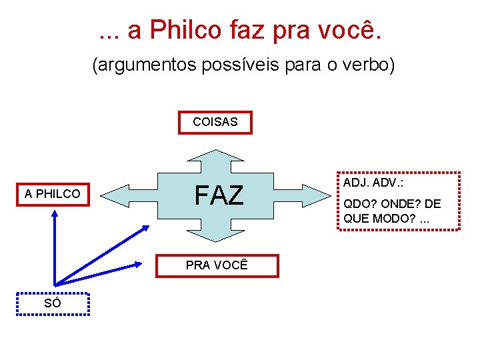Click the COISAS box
[215, 123]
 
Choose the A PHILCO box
[53, 194]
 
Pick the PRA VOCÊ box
[217, 265]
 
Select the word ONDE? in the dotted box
[400, 205]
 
